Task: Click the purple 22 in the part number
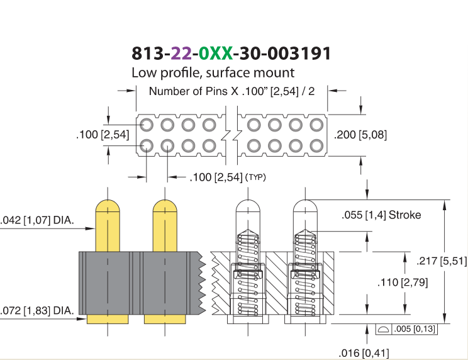point(181,53)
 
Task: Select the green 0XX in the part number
point(215,53)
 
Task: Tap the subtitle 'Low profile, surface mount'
point(213,72)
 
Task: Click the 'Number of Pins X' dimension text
point(193,91)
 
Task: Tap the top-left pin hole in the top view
point(147,125)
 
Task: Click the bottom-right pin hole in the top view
point(316,146)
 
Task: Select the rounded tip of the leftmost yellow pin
point(108,205)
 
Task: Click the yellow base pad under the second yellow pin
point(165,319)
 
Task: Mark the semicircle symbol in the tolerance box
point(383,330)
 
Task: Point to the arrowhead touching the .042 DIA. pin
point(90,228)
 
